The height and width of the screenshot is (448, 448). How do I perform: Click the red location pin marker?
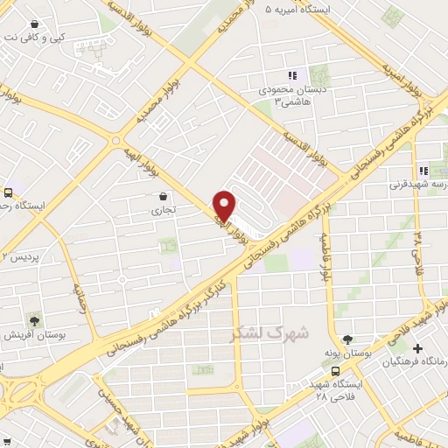pos(225,205)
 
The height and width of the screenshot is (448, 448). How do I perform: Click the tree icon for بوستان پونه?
pos(349,339)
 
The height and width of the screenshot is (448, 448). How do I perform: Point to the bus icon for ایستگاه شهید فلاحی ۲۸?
pos(336,369)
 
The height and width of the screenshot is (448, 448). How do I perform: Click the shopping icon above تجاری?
pos(164,196)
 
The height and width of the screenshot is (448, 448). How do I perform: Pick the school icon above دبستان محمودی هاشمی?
pos(292,76)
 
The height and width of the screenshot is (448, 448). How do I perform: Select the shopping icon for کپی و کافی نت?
pos(33,24)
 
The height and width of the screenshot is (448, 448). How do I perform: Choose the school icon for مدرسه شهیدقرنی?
pos(423,171)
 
